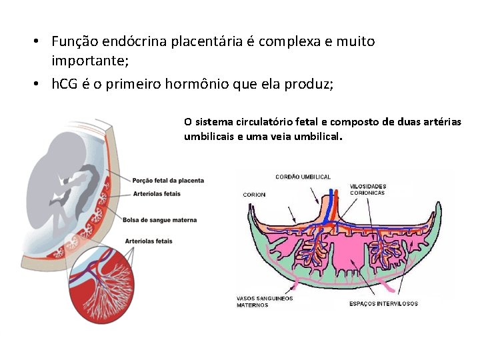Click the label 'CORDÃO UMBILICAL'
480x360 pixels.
click(x=303, y=177)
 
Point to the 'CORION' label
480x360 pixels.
click(x=254, y=195)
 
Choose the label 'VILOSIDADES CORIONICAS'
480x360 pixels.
click(x=367, y=189)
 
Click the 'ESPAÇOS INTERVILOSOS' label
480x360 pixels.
click(x=383, y=303)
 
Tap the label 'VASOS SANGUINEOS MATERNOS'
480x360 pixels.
click(x=265, y=301)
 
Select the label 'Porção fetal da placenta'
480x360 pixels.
click(x=168, y=181)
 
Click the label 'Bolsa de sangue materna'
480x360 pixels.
click(x=160, y=221)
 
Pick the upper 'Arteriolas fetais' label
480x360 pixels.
click(x=157, y=194)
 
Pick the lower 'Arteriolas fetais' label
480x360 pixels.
click(x=148, y=241)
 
